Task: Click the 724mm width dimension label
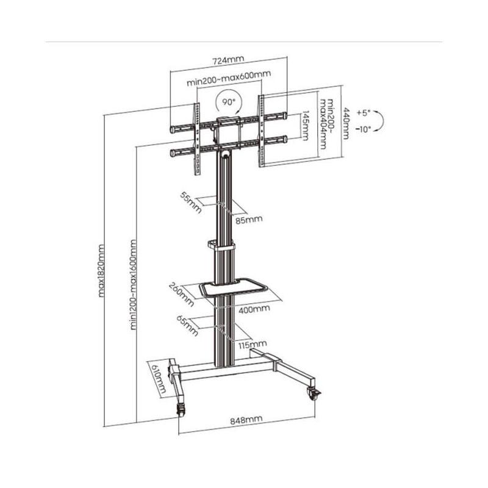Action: (x=228, y=60)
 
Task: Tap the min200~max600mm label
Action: (x=229, y=78)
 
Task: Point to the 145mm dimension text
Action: (x=306, y=126)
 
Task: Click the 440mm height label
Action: (x=346, y=124)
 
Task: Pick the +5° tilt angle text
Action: (x=364, y=113)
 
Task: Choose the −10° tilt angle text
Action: (x=364, y=129)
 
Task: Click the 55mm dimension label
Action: (x=191, y=203)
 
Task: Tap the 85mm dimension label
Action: (x=249, y=220)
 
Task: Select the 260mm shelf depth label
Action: (x=181, y=295)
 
